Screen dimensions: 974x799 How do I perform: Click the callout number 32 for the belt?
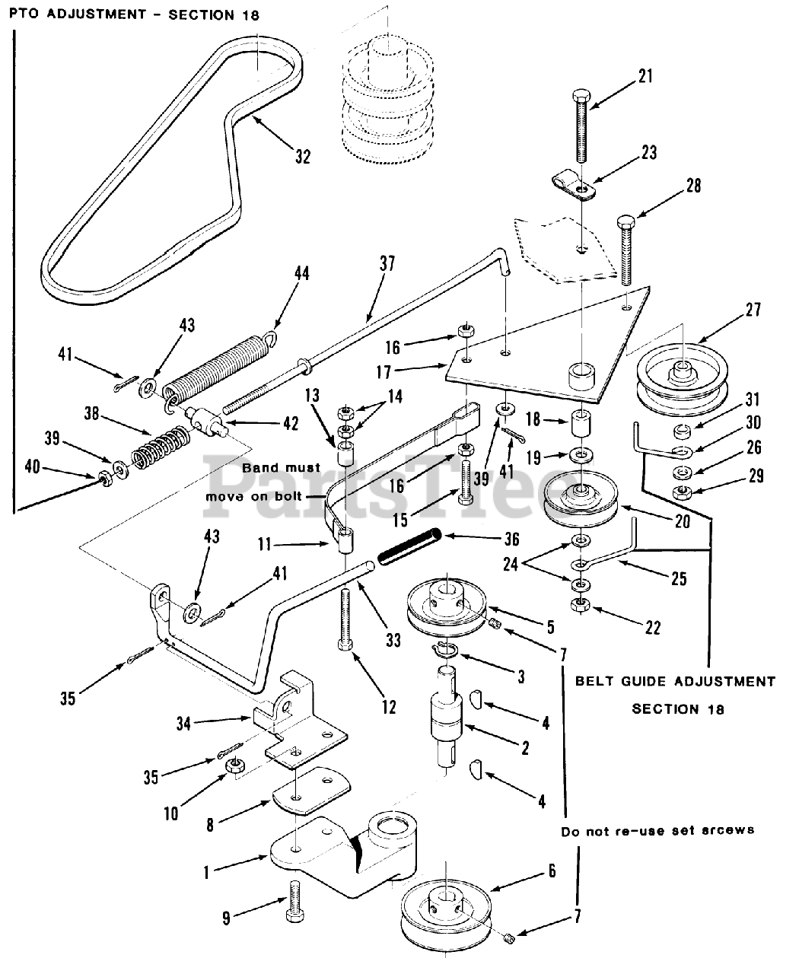[x=303, y=156]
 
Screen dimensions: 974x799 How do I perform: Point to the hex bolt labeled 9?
[x=295, y=903]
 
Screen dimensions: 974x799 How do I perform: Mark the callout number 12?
[x=389, y=707]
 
